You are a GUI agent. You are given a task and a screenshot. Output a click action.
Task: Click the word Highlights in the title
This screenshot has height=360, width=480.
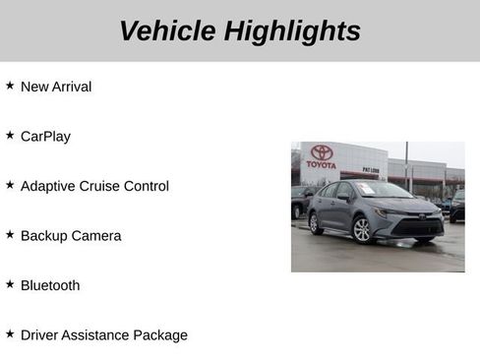[x=292, y=30]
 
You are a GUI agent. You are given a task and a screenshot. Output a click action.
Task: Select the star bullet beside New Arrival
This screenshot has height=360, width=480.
[x=10, y=86]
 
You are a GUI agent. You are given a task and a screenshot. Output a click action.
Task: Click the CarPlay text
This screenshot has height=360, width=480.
[x=45, y=137]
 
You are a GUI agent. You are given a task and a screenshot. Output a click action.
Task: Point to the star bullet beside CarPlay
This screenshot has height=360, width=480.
[x=10, y=136]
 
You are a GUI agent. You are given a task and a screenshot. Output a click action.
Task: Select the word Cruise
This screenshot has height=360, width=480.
[x=103, y=186]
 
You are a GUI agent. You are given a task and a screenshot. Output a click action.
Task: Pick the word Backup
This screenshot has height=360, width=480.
[x=44, y=236]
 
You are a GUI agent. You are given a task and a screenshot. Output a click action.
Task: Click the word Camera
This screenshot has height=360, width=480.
[x=97, y=236]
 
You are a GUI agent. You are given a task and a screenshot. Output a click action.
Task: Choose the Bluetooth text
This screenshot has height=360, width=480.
[x=50, y=285]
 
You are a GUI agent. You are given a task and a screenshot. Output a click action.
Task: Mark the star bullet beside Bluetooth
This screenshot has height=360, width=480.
[x=10, y=284]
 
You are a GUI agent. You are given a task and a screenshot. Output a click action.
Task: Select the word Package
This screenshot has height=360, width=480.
[x=158, y=335]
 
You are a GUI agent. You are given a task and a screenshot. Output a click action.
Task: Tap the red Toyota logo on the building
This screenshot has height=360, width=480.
[x=322, y=153]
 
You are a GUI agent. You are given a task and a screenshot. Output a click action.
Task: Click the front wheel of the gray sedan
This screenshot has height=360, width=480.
[x=362, y=229]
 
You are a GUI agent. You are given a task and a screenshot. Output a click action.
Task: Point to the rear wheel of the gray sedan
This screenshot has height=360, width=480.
[x=316, y=223]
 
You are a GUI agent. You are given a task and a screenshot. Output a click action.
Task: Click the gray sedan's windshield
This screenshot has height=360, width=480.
[x=380, y=190]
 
